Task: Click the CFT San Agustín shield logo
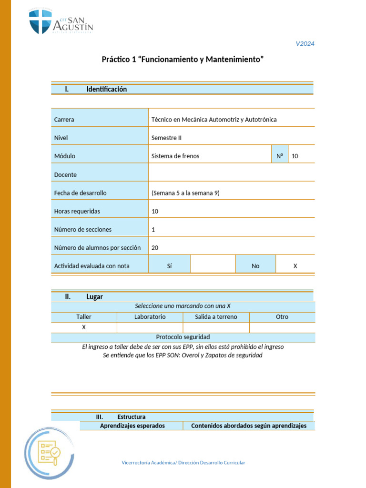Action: click(x=40, y=21)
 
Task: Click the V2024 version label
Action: click(x=305, y=44)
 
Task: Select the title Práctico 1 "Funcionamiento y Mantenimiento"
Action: click(x=183, y=60)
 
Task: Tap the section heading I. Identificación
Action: click(x=106, y=89)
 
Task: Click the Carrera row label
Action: click(x=64, y=120)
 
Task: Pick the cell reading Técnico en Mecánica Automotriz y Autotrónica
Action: click(x=213, y=120)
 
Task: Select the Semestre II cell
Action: click(x=166, y=138)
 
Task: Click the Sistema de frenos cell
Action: click(x=175, y=156)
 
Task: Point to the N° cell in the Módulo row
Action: click(x=280, y=156)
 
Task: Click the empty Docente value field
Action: click(x=232, y=174)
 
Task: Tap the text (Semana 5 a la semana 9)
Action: click(x=185, y=193)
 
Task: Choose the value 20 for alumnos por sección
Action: click(x=155, y=248)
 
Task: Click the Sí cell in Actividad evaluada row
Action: click(x=169, y=266)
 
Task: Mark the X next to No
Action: click(x=295, y=266)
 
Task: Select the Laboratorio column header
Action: click(x=150, y=317)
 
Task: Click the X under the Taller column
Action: click(x=84, y=327)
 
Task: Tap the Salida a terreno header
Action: click(x=216, y=317)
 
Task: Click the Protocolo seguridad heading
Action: click(x=183, y=337)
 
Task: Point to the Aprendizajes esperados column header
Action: click(x=132, y=426)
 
